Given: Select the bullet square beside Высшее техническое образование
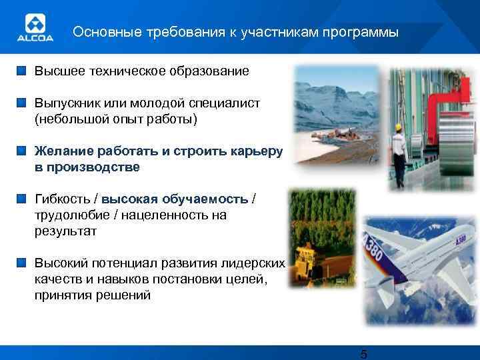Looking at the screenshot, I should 23,70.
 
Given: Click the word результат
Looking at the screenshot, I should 65,231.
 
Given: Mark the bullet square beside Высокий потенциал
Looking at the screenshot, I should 23,263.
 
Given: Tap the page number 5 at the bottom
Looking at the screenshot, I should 363,353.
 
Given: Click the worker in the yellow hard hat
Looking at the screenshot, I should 399,153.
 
